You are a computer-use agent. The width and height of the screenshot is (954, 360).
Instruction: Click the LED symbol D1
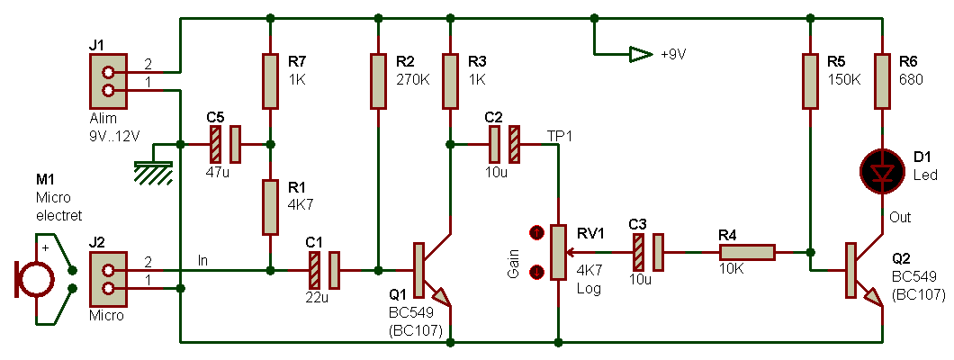pos(882,171)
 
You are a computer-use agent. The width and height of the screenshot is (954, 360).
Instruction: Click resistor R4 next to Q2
pos(746,252)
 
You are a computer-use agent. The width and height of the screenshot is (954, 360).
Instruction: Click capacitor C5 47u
pos(225,143)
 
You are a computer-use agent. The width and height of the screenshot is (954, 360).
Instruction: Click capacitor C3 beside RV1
pos(648,252)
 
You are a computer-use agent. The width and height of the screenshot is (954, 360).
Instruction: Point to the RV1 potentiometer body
pos(558,252)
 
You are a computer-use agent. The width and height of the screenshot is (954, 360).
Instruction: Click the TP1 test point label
pos(560,135)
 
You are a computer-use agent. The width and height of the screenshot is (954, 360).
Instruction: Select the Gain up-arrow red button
pos(537,233)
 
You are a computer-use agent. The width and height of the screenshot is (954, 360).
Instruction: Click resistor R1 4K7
pos(270,207)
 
